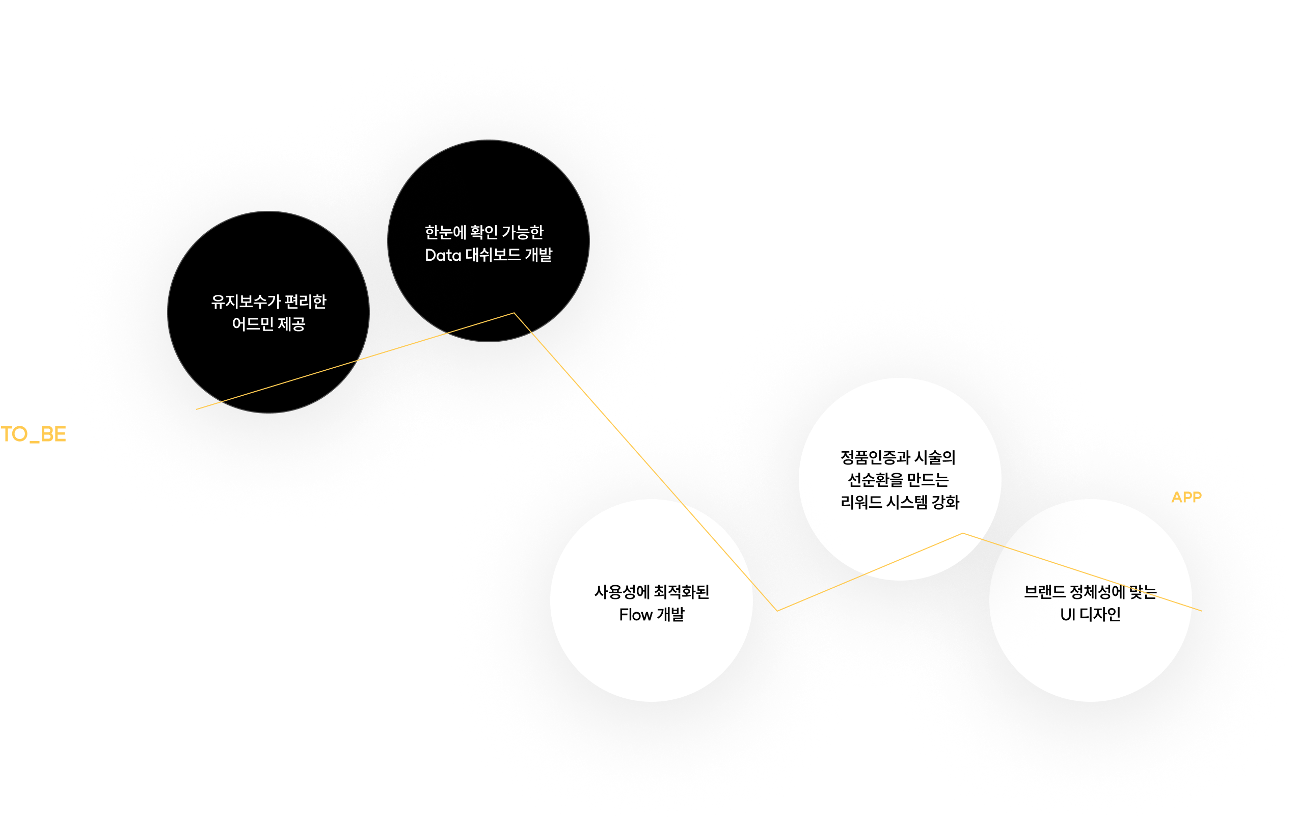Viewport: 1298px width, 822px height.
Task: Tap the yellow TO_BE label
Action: coord(34,434)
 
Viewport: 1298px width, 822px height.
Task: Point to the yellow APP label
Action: coord(1186,497)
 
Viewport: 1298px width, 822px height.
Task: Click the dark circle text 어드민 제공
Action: coord(268,324)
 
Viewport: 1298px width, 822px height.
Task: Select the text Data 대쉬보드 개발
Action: coord(489,255)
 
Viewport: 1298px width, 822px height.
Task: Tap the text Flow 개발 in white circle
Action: coord(652,615)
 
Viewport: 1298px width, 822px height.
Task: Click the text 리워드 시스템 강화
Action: coord(900,502)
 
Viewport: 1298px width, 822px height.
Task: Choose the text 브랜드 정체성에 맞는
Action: coord(1090,592)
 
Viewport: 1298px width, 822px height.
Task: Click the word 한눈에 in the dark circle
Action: coord(445,232)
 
